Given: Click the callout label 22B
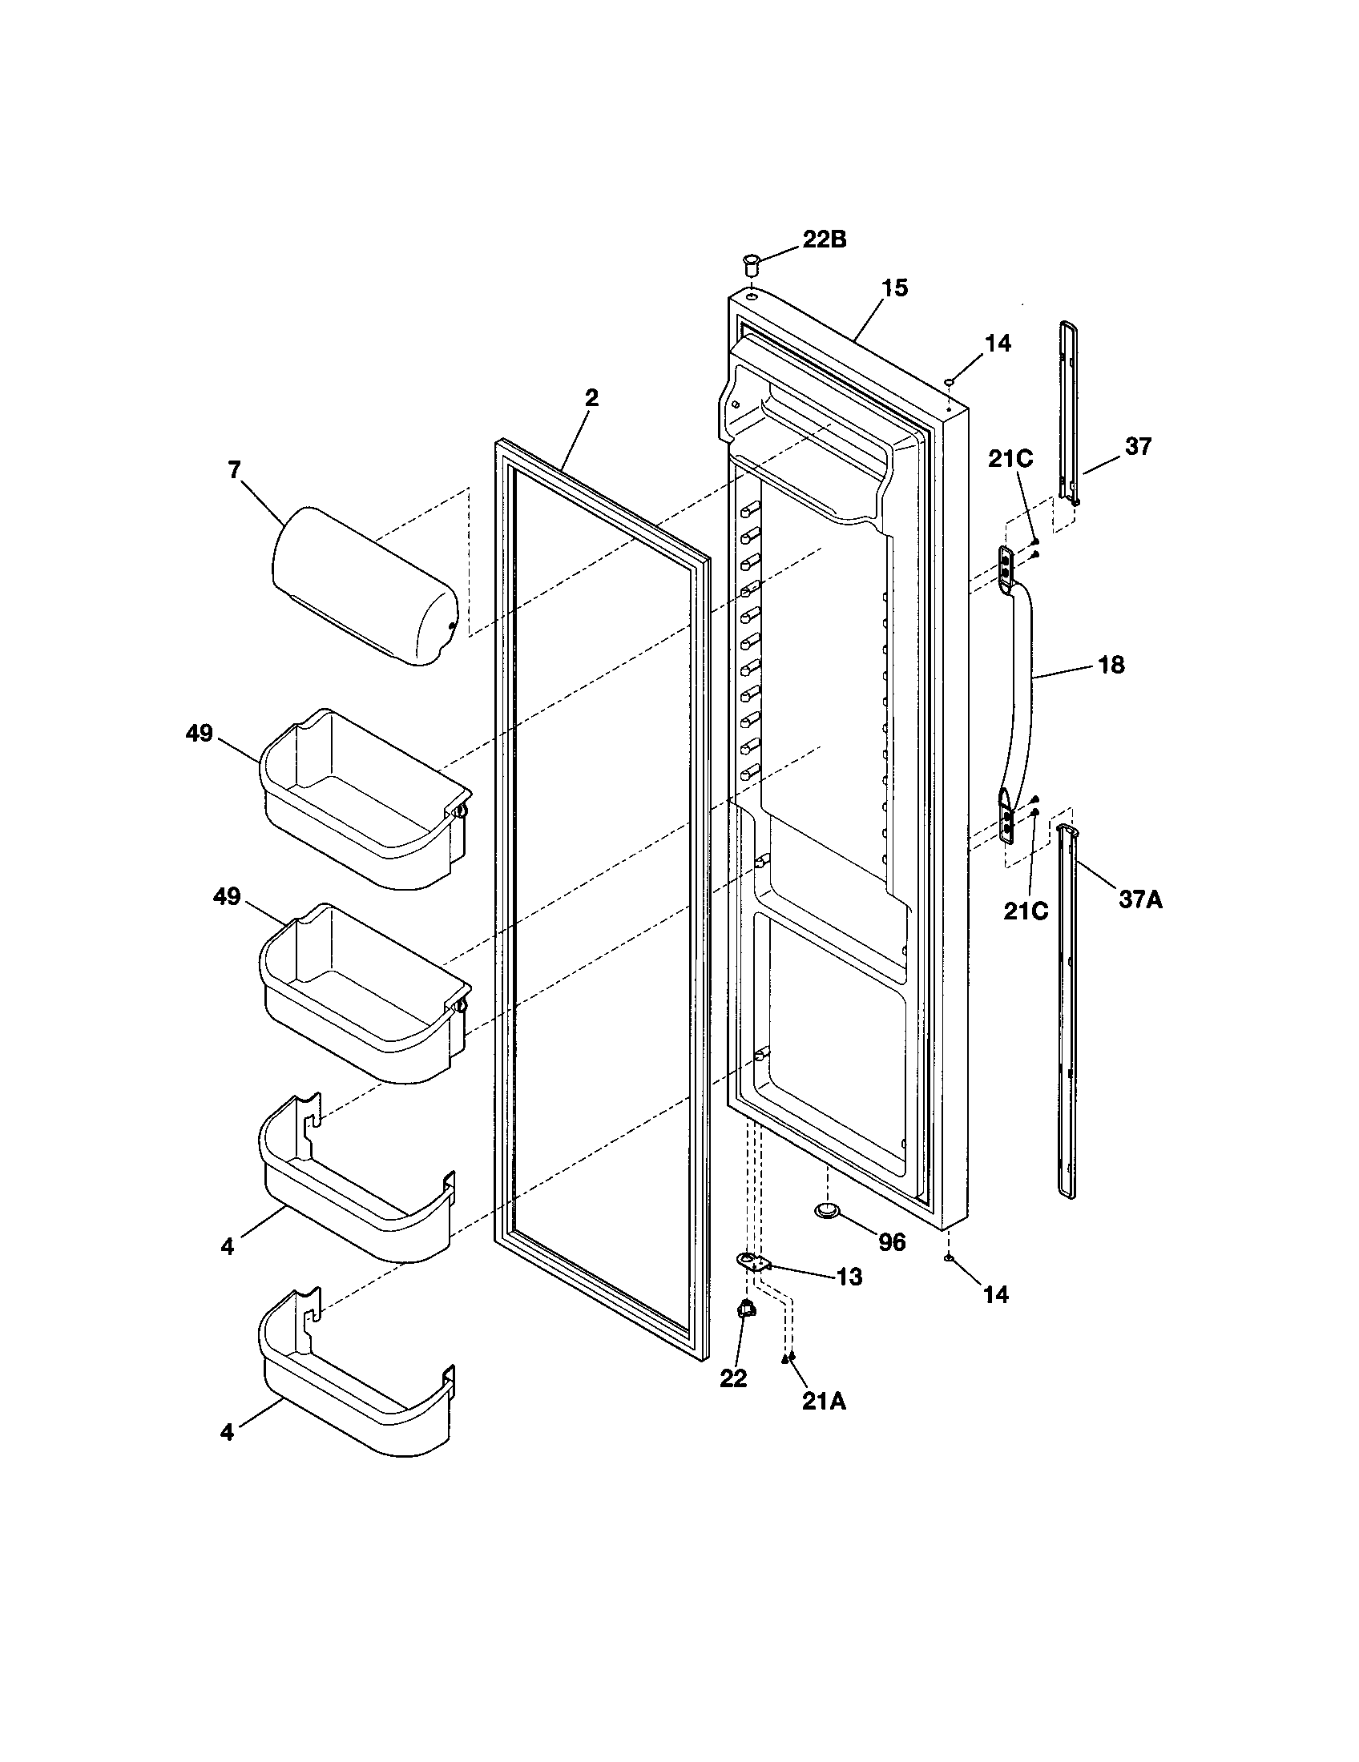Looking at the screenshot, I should click(824, 240).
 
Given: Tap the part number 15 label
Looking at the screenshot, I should click(894, 288).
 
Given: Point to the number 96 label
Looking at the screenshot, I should click(892, 1242).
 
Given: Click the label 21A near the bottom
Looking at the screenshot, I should click(824, 1402).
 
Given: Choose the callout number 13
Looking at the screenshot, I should click(849, 1277).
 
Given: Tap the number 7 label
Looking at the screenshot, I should click(235, 470).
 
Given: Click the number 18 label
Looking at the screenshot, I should click(1111, 666).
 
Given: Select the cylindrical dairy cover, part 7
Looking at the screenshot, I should click(363, 585).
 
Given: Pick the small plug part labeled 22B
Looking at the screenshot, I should click(750, 263).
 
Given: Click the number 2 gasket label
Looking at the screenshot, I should click(591, 399).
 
